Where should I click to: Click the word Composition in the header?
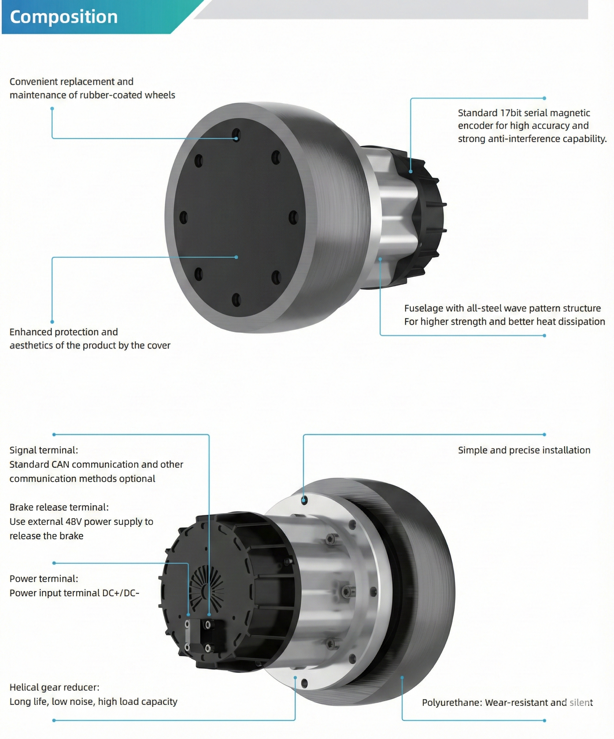64,17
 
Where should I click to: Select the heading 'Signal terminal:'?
44,450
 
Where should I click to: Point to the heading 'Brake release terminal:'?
59,507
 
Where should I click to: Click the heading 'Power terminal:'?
44,579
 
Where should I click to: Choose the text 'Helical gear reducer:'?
55,688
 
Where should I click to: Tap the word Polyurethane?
452,703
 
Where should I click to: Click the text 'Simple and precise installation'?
524,450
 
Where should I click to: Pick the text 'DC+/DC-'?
121,593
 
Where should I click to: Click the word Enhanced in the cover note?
29,332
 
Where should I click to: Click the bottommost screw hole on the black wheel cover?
236,300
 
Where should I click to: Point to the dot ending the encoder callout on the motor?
411,171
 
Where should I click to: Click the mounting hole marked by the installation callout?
304,500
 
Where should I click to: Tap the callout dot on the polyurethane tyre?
402,677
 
